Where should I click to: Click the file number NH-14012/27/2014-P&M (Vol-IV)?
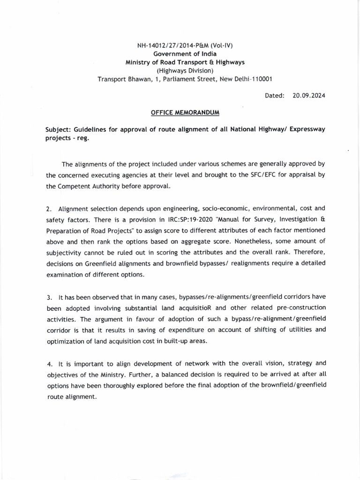184,45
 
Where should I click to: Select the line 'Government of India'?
184,54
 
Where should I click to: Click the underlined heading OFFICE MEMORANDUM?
185,113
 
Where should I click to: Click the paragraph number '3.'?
48,298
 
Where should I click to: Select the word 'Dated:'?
275,95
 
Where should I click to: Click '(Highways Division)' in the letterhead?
184,71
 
